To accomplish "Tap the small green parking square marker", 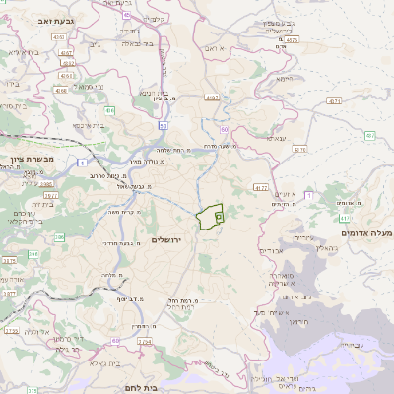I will tap(219, 212).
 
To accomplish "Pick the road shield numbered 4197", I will tap(213, 98).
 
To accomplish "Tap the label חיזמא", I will tap(285, 78).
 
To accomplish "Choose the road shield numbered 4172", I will tap(260, 186).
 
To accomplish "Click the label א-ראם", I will tap(216, 46).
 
